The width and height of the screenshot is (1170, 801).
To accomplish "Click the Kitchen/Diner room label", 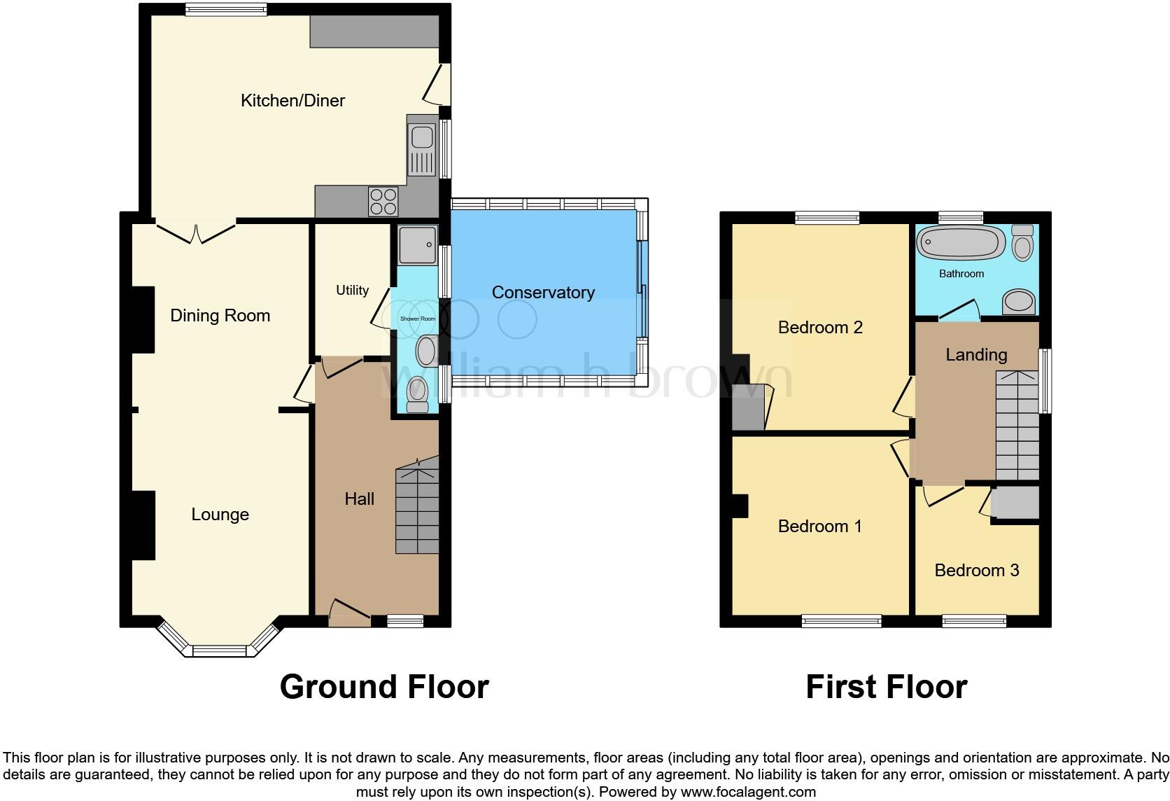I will tap(292, 101).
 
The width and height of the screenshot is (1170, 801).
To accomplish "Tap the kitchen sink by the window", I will tap(422, 148).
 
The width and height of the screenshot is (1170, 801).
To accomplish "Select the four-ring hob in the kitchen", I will tap(383, 202).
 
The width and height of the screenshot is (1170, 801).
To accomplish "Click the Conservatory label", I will tap(543, 293).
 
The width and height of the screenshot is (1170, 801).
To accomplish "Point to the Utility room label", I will tap(352, 290).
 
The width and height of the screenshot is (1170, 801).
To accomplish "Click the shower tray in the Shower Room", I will tap(418, 244).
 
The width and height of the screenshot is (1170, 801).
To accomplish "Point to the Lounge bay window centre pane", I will tap(220, 651).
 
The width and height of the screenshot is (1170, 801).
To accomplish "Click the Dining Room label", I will tap(220, 316).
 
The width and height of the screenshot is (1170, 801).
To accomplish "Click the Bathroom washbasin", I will tap(1020, 302).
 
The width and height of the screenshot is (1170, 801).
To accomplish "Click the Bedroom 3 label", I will tap(976, 571).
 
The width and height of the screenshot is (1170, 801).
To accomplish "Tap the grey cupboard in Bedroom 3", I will tap(1015, 503).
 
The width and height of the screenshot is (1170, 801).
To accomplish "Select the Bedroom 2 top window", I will tap(827, 218).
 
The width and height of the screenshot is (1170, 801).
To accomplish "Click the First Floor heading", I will tap(886, 687).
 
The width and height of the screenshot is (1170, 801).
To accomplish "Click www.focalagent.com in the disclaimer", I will tap(747, 793).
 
